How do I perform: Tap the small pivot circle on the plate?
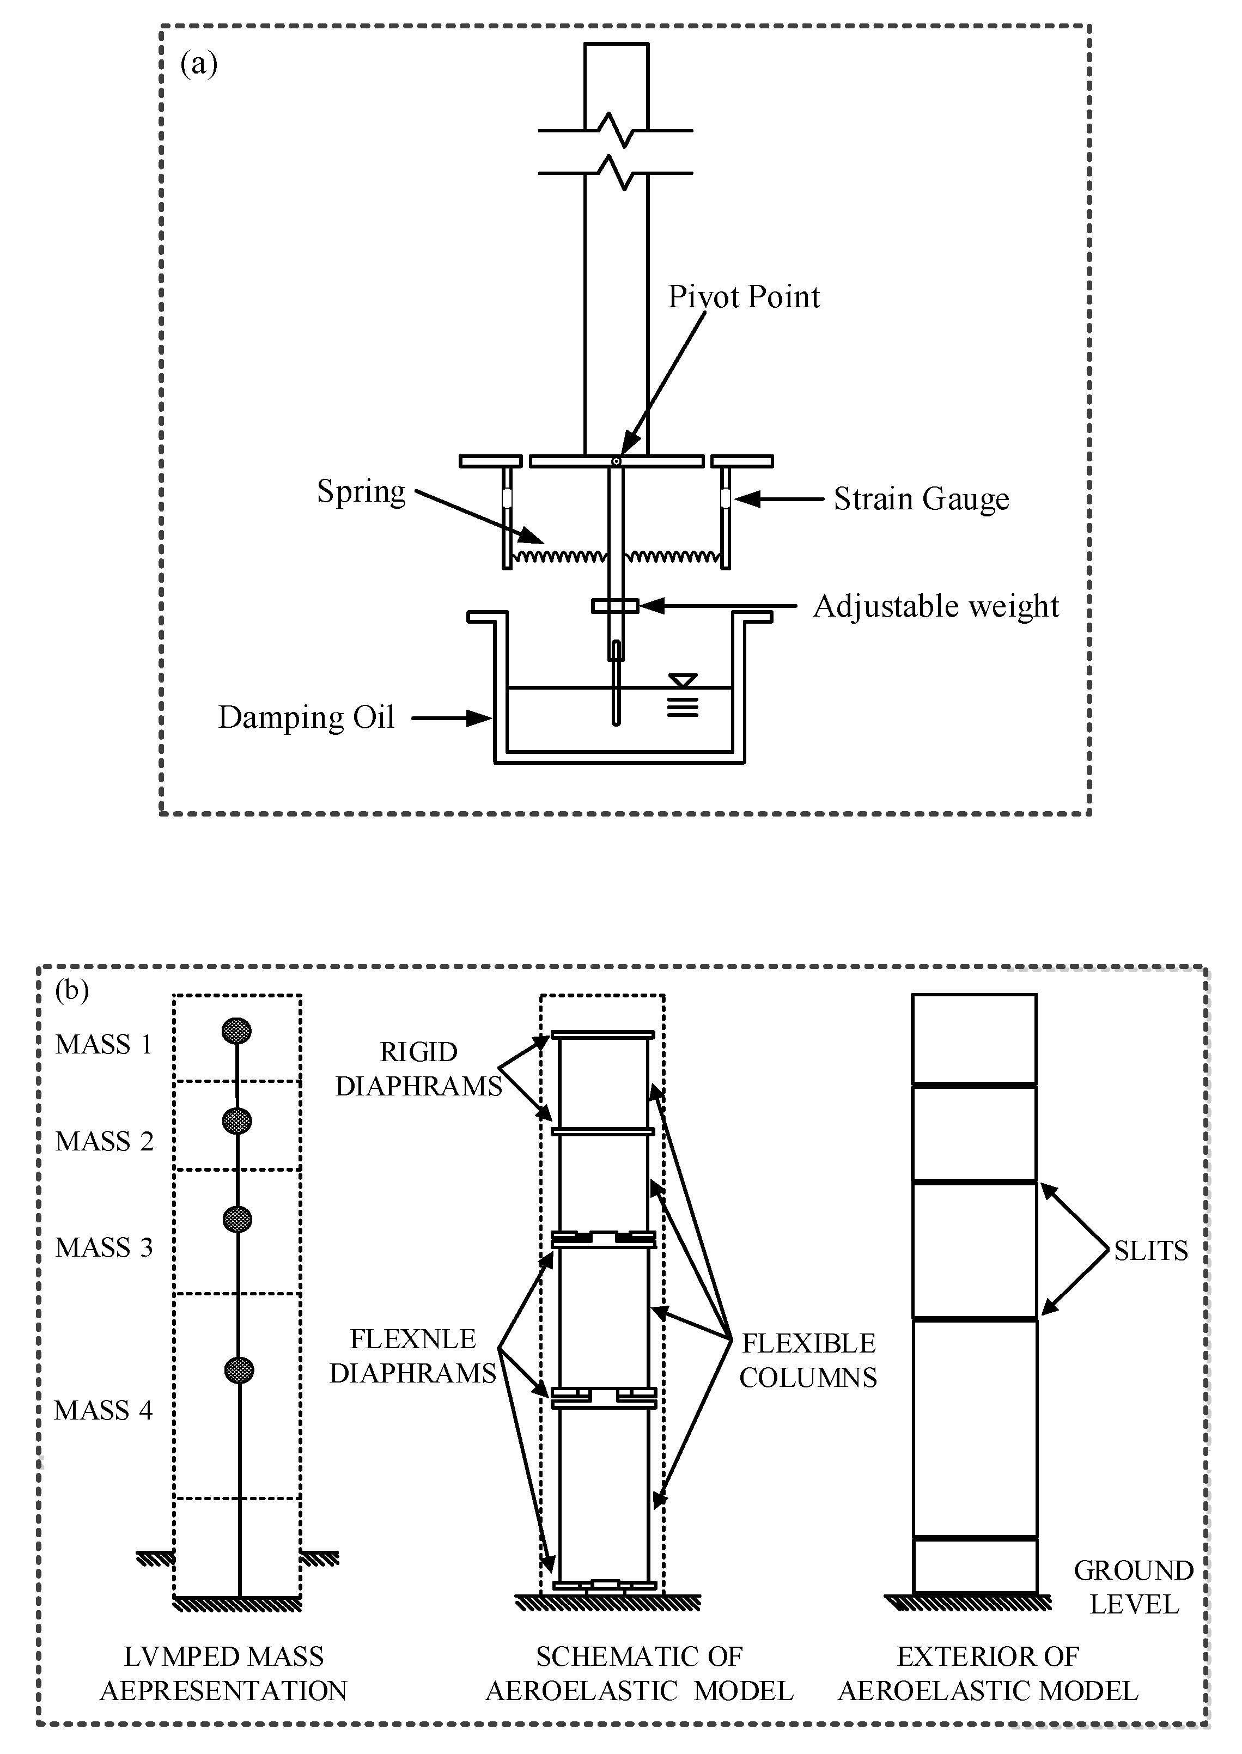coord(616,461)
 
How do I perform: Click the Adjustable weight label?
coord(935,606)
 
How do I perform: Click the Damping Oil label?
coord(306,717)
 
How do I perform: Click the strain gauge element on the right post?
coord(724,498)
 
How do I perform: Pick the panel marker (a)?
coord(199,64)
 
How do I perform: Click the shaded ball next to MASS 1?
coord(236,1031)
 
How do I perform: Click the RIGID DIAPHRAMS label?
coord(418,1068)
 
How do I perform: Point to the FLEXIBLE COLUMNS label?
coord(808,1360)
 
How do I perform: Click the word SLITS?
coord(1150,1250)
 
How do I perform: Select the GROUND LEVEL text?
coord(1134,1587)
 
